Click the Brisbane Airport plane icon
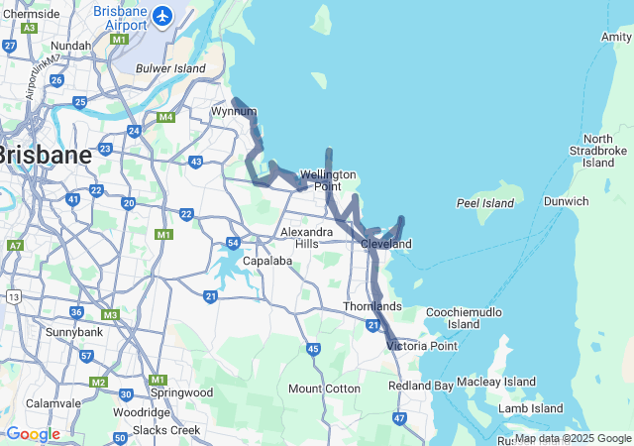[x=162, y=16]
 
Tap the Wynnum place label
[x=233, y=111]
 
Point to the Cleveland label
[x=386, y=244]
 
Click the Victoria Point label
[x=423, y=346]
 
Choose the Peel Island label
[x=485, y=203]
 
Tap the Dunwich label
[x=567, y=201]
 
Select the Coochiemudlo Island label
[x=464, y=318]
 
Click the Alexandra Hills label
[x=300, y=237]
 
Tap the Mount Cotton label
[x=324, y=389]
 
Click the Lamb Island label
[x=531, y=408]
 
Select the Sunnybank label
[x=73, y=331]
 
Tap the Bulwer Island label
[x=171, y=69]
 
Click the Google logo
[x=33, y=434]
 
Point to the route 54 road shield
[x=233, y=243]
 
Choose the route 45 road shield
[x=313, y=349]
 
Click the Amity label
[x=615, y=37]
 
